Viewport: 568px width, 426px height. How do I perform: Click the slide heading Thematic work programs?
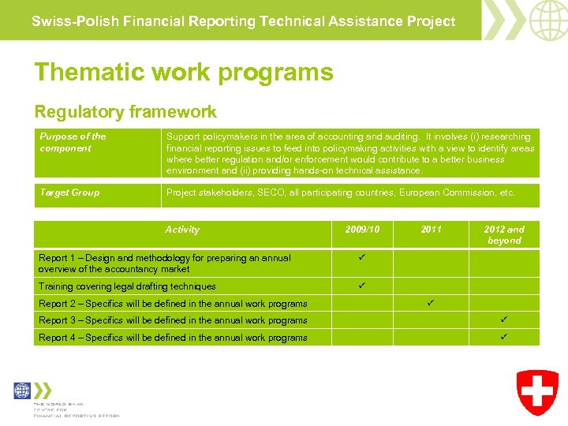[x=183, y=73]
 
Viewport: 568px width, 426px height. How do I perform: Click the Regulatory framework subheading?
[x=125, y=112]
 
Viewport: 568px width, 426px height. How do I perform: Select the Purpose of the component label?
[x=73, y=142]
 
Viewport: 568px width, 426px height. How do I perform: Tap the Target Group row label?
[x=69, y=192]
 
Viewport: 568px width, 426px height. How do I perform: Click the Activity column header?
[x=182, y=230]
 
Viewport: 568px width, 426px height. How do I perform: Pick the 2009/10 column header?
[x=362, y=230]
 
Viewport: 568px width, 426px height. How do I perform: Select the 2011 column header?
[x=431, y=230]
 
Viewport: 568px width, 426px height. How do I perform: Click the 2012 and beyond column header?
[x=504, y=235]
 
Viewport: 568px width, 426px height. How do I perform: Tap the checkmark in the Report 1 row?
[x=361, y=258]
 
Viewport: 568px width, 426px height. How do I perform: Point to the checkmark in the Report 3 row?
[x=504, y=319]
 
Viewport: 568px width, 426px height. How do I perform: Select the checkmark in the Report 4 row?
[x=504, y=337]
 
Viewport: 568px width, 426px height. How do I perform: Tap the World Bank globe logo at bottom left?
[x=23, y=391]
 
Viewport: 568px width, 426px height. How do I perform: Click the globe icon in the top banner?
[x=547, y=20]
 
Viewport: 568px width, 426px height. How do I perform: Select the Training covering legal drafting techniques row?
[x=127, y=286]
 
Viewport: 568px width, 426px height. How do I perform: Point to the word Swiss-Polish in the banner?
[x=65, y=21]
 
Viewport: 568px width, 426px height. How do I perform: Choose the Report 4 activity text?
[x=173, y=338]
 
